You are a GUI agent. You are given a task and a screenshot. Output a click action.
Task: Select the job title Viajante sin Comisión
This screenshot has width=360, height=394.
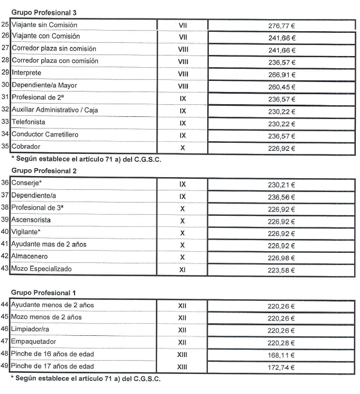click(44, 25)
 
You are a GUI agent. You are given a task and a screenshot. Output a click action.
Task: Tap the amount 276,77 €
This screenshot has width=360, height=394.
click(281, 25)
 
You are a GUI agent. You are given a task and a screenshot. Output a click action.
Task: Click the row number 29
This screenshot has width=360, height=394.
click(5, 72)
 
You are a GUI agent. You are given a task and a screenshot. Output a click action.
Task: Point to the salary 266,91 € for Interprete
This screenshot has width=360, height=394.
click(281, 75)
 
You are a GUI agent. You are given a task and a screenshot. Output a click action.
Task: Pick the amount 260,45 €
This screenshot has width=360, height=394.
click(281, 87)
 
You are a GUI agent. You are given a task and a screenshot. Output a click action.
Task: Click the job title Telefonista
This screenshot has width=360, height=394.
click(32, 122)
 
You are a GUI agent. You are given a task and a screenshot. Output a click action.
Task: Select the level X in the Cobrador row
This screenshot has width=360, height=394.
click(182, 148)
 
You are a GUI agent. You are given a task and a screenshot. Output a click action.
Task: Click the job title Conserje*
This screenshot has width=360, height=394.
click(27, 183)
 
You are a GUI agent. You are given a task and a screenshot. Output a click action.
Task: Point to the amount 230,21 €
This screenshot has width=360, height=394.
click(281, 185)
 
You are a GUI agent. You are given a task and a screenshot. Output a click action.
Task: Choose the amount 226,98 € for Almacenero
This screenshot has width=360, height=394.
click(281, 258)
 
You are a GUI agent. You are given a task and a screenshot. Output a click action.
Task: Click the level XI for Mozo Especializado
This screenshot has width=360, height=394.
click(182, 270)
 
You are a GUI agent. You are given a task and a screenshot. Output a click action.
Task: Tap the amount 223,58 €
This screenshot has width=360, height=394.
click(281, 270)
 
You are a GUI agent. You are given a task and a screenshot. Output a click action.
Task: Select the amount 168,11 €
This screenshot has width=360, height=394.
click(281, 355)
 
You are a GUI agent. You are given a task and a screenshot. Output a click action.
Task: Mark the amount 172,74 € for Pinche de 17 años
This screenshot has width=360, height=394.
click(281, 368)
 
